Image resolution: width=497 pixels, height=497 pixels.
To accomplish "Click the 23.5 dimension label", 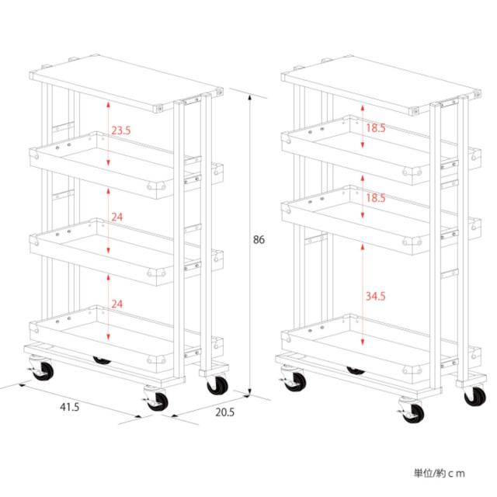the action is pyautogui.click(x=121, y=130).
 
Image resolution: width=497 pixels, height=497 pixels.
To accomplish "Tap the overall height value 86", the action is pyautogui.click(x=259, y=240).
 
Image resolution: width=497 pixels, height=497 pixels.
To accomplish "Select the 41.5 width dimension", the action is pyautogui.click(x=70, y=407).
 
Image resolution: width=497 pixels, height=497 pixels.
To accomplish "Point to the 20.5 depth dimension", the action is pyautogui.click(x=224, y=412).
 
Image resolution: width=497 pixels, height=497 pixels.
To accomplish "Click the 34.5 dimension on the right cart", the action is pyautogui.click(x=376, y=296).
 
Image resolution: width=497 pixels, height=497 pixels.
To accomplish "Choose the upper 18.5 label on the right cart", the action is pyautogui.click(x=376, y=127).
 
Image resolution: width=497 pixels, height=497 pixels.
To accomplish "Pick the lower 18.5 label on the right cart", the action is pyautogui.click(x=376, y=198).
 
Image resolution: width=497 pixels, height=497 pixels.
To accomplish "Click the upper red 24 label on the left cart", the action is pyautogui.click(x=117, y=217).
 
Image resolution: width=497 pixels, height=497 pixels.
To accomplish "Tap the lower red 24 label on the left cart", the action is pyautogui.click(x=117, y=304).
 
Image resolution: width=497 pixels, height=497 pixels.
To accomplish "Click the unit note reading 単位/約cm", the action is pyautogui.click(x=440, y=473).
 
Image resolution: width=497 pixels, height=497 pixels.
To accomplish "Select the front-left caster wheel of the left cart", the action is pyautogui.click(x=42, y=369).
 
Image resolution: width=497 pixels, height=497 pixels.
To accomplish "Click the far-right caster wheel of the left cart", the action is pyautogui.click(x=217, y=384).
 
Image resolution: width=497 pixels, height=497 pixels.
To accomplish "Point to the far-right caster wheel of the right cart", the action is pyautogui.click(x=474, y=395).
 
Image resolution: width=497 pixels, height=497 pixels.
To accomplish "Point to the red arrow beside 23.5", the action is pyautogui.click(x=108, y=133).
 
